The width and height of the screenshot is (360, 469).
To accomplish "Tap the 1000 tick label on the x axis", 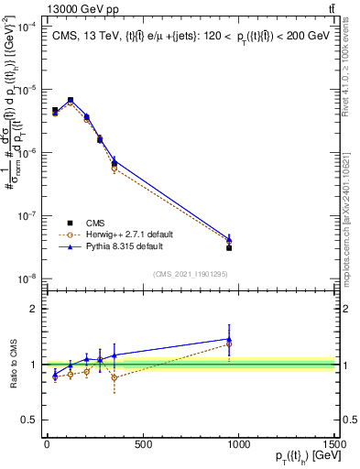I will tap(237, 445).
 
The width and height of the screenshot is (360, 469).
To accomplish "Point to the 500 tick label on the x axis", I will tap(141, 445).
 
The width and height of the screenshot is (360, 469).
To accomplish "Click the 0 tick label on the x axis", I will tap(46, 445).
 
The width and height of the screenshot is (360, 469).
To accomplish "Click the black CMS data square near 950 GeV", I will tap(229, 248).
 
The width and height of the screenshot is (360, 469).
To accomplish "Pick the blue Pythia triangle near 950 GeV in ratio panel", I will tap(229, 339).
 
